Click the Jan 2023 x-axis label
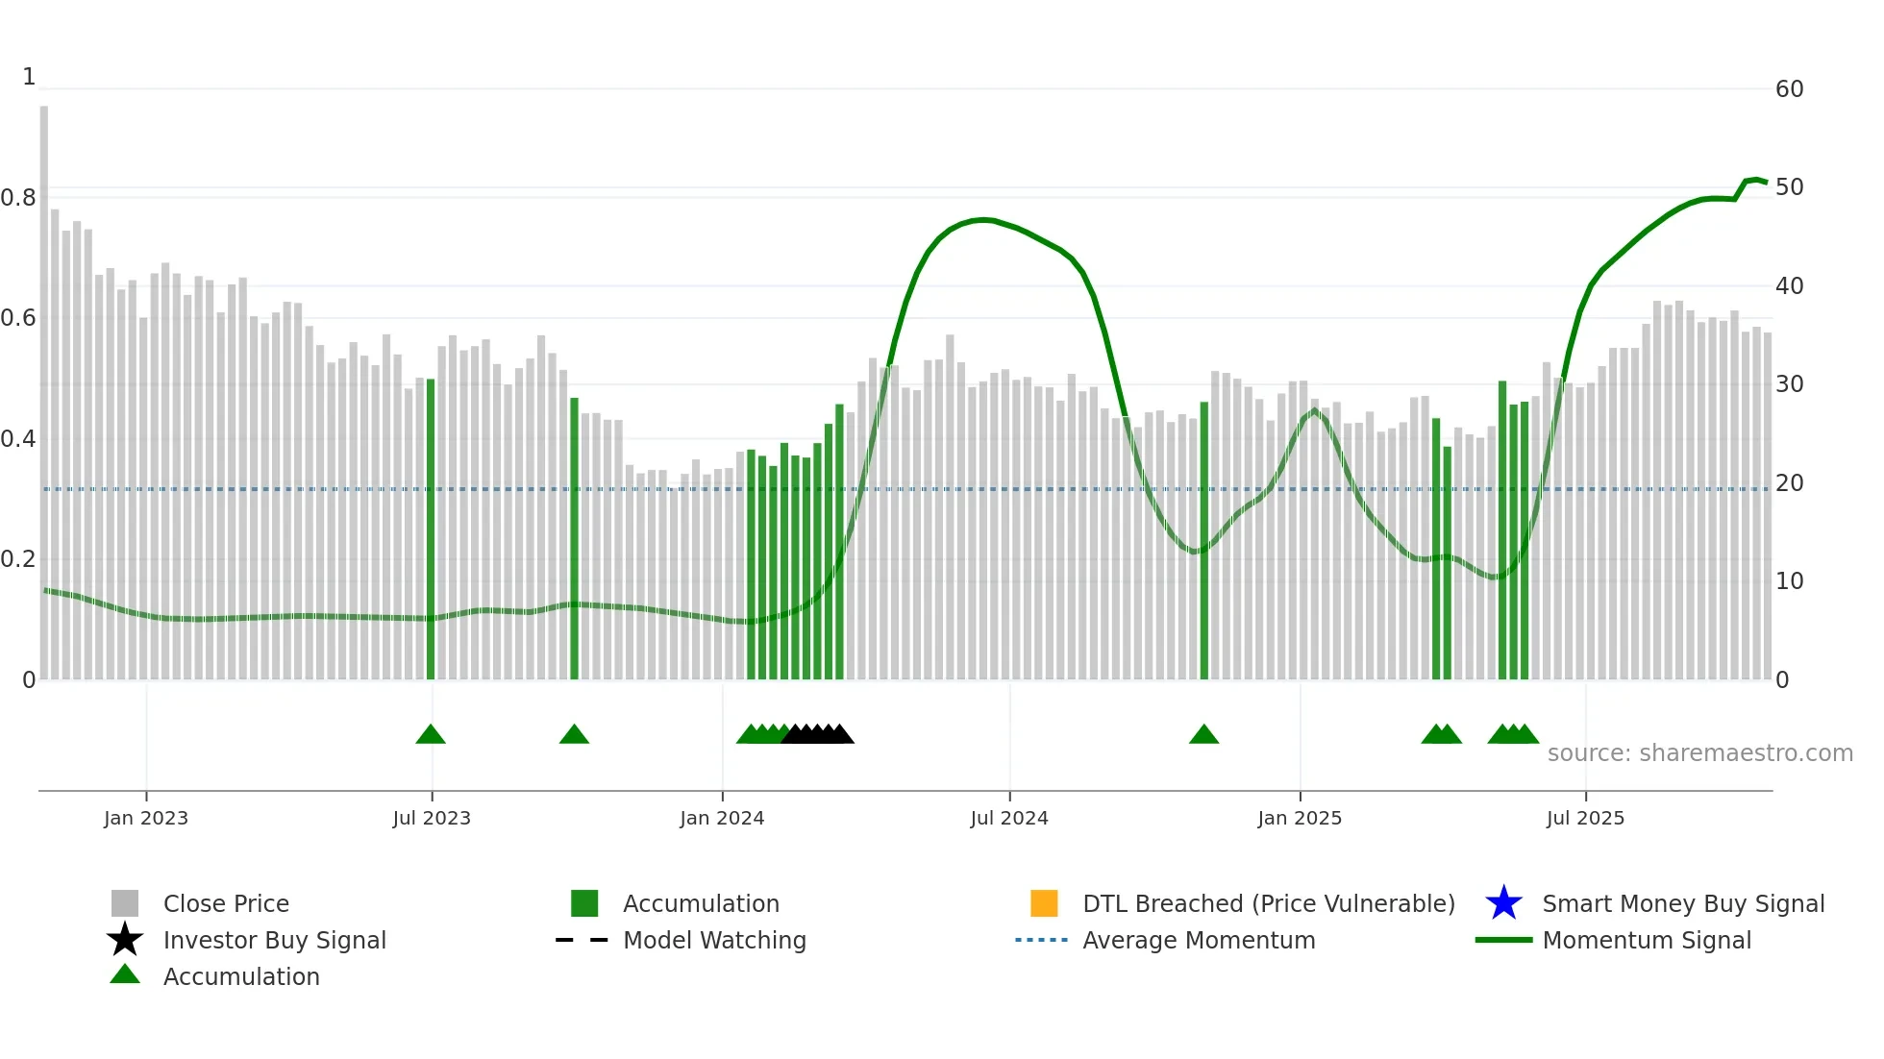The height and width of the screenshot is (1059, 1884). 146,818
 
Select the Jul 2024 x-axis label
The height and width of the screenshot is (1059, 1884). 1009,818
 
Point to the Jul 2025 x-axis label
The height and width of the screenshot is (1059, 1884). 1585,818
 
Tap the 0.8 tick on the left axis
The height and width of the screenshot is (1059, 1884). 18,198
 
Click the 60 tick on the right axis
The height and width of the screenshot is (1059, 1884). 1789,89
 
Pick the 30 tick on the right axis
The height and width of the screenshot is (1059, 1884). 1789,384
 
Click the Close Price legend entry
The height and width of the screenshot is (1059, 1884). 226,903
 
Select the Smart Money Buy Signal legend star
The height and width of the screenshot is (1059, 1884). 1503,903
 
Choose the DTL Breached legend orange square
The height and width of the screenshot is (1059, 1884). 1044,903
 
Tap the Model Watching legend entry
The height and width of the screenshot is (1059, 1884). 714,940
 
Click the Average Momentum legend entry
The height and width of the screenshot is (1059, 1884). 1199,940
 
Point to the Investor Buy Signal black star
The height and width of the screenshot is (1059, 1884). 125,940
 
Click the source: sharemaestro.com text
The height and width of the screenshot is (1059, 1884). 1699,753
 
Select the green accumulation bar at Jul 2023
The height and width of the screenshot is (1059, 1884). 431,529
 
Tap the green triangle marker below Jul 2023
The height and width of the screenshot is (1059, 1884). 431,735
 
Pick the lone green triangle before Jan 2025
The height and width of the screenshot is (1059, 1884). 1203,735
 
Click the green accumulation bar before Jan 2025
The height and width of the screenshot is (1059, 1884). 1203,538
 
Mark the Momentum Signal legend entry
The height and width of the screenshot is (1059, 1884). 1647,940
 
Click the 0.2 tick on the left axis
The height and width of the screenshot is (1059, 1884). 18,559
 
